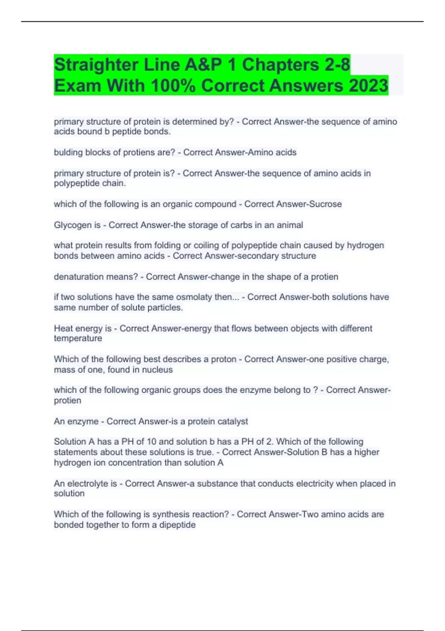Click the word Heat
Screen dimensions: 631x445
(63, 328)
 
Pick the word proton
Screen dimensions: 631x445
(224, 359)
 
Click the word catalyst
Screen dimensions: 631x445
(233, 422)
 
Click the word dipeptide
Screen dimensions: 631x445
(177, 525)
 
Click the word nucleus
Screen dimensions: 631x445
(157, 370)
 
